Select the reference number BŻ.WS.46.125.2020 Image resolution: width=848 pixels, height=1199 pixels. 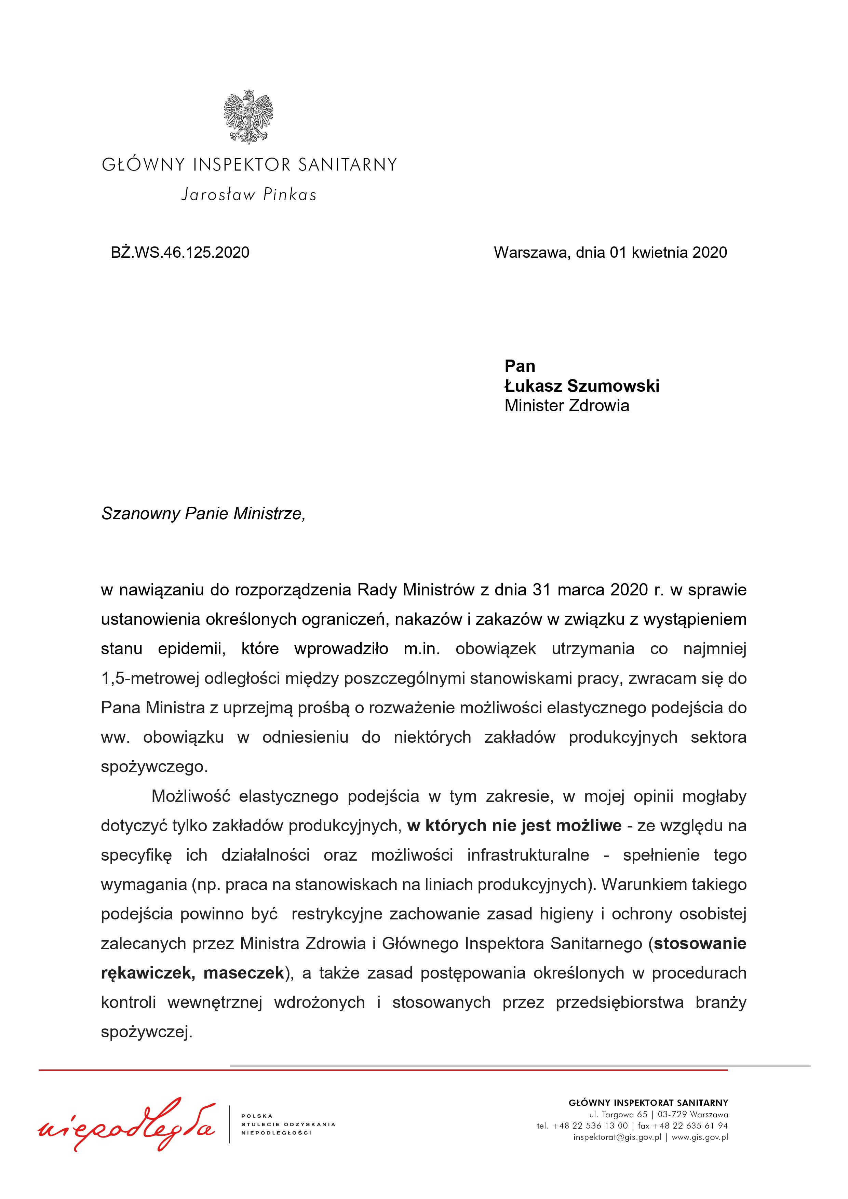pyautogui.click(x=180, y=253)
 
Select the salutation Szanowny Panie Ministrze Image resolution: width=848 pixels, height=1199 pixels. pyautogui.click(x=203, y=514)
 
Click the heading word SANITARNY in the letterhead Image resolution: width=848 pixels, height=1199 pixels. pyautogui.click(x=347, y=165)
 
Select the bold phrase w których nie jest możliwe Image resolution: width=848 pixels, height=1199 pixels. pyautogui.click(x=514, y=826)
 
